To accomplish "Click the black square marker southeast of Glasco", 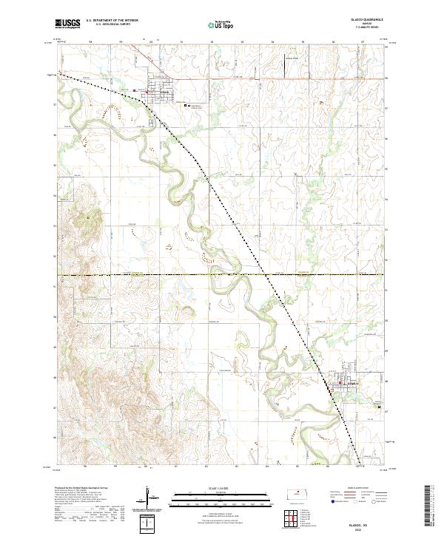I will point(380,406).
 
